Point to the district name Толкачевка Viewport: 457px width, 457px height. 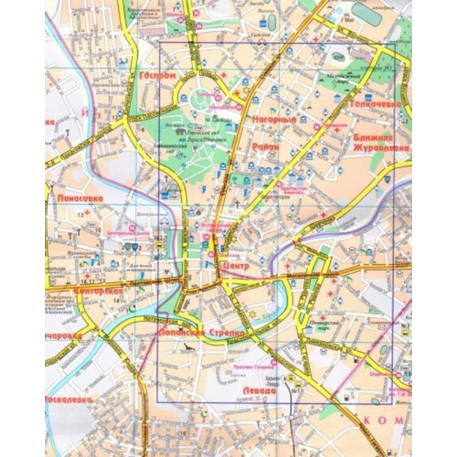pos(375,101)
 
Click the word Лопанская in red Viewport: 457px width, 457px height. pos(181,334)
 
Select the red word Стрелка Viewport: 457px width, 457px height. pos(226,334)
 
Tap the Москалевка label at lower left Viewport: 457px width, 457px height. pos(69,398)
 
